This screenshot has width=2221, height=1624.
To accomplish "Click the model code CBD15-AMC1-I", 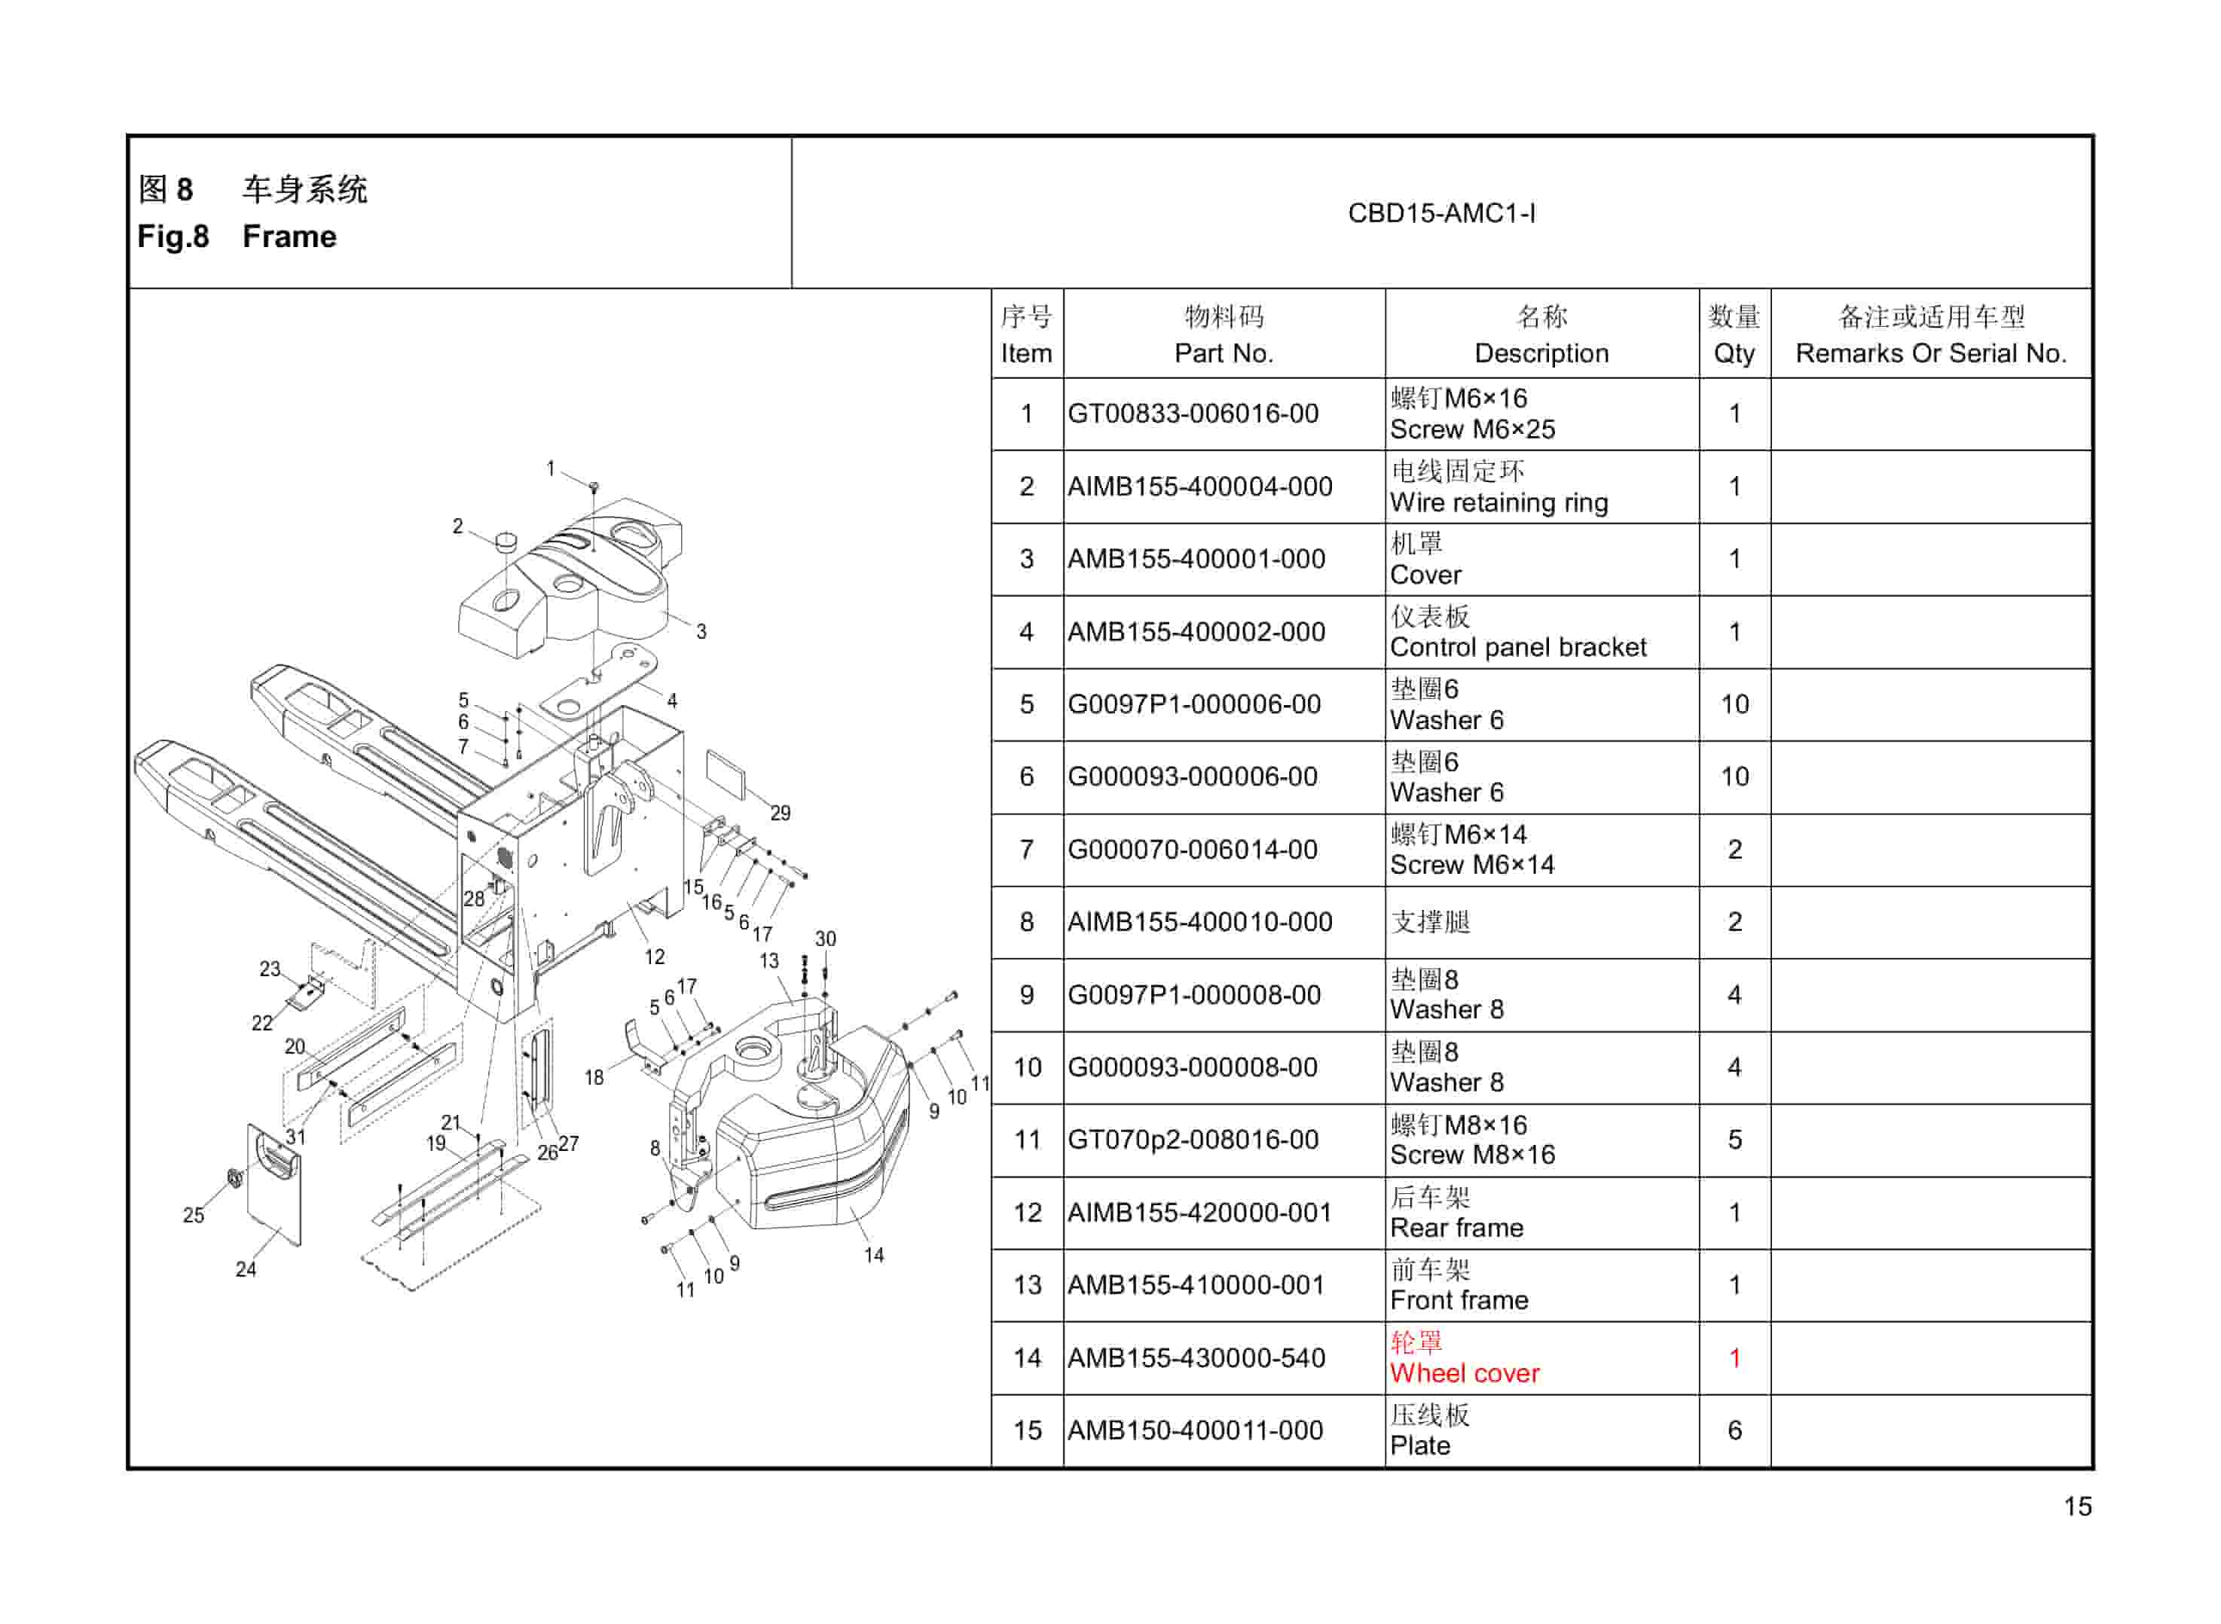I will click(x=1440, y=213).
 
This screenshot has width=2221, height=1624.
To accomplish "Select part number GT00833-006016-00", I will click(x=1193, y=414).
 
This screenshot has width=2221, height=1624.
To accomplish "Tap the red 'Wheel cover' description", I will click(x=1464, y=1373).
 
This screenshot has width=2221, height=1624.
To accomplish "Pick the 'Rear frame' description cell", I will click(x=1456, y=1228).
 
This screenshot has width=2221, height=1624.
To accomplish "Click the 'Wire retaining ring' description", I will click(x=1498, y=502).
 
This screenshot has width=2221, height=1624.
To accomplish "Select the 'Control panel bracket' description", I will click(x=1517, y=647).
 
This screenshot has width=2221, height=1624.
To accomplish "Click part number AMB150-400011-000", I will click(x=1195, y=1430).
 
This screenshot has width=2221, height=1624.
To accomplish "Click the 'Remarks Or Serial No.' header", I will click(x=1930, y=353).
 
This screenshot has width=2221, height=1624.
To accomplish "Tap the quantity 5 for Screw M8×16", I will click(x=1734, y=1140).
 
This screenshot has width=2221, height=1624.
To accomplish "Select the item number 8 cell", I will click(x=1026, y=922).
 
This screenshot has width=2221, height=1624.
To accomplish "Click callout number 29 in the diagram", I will click(x=780, y=813).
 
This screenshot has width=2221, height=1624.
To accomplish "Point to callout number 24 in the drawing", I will click(x=246, y=1269).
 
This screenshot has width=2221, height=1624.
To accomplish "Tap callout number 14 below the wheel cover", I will click(x=873, y=1256).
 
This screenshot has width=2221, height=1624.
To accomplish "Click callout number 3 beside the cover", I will click(x=701, y=632).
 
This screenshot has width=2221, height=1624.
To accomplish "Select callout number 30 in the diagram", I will click(x=825, y=939).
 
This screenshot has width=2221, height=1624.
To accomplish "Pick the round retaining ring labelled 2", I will click(x=506, y=541).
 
